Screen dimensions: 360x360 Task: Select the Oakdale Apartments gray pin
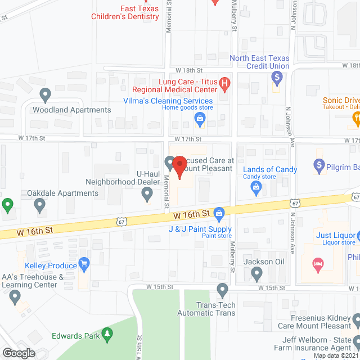tap(40, 206)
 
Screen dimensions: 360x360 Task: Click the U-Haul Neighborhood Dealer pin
tap(147, 195)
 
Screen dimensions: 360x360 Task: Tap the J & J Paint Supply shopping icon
tap(219, 213)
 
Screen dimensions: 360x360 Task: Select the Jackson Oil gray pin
tap(257, 274)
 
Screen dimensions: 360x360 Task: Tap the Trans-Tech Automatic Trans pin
tap(223, 291)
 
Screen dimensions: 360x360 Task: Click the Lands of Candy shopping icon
tap(256, 186)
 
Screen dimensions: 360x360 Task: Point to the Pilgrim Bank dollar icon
tap(318, 166)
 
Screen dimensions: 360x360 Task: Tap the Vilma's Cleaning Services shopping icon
tap(199, 118)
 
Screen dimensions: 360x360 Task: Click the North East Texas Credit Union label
tap(259, 62)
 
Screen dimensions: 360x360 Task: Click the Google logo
tap(18, 353)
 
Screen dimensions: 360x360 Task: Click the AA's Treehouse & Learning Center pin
tap(15, 296)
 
